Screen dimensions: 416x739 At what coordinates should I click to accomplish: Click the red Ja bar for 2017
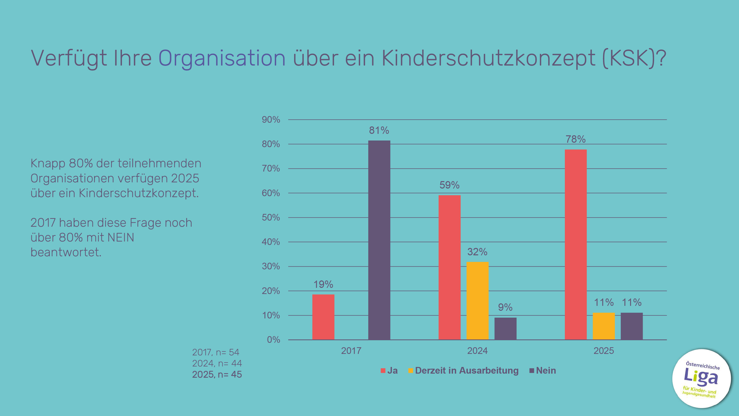coord(323,317)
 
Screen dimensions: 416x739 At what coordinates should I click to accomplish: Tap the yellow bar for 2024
coord(477,301)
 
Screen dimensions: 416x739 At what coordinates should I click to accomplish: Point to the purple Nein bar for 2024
coord(505,329)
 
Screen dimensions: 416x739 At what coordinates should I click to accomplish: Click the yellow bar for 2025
coord(604,326)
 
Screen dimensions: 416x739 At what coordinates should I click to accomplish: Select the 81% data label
coord(379,130)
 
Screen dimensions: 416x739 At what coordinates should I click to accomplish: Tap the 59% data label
coord(449,185)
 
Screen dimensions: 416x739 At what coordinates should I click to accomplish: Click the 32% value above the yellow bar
coord(477,252)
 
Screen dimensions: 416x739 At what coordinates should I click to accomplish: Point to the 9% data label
coord(505,307)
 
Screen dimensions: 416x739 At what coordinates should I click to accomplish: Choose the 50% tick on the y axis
coord(270,218)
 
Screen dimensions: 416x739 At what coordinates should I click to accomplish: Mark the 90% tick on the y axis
coord(270,120)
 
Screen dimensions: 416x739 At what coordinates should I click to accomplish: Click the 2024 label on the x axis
coord(477,350)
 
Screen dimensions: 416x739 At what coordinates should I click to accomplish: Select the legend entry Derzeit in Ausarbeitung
coord(467,370)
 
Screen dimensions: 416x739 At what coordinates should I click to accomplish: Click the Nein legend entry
coord(546,370)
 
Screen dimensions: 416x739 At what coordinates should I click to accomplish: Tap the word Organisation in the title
coord(222,58)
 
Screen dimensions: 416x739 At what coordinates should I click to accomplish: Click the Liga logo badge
coord(701,378)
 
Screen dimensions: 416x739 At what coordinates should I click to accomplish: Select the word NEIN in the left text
coord(120,237)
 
